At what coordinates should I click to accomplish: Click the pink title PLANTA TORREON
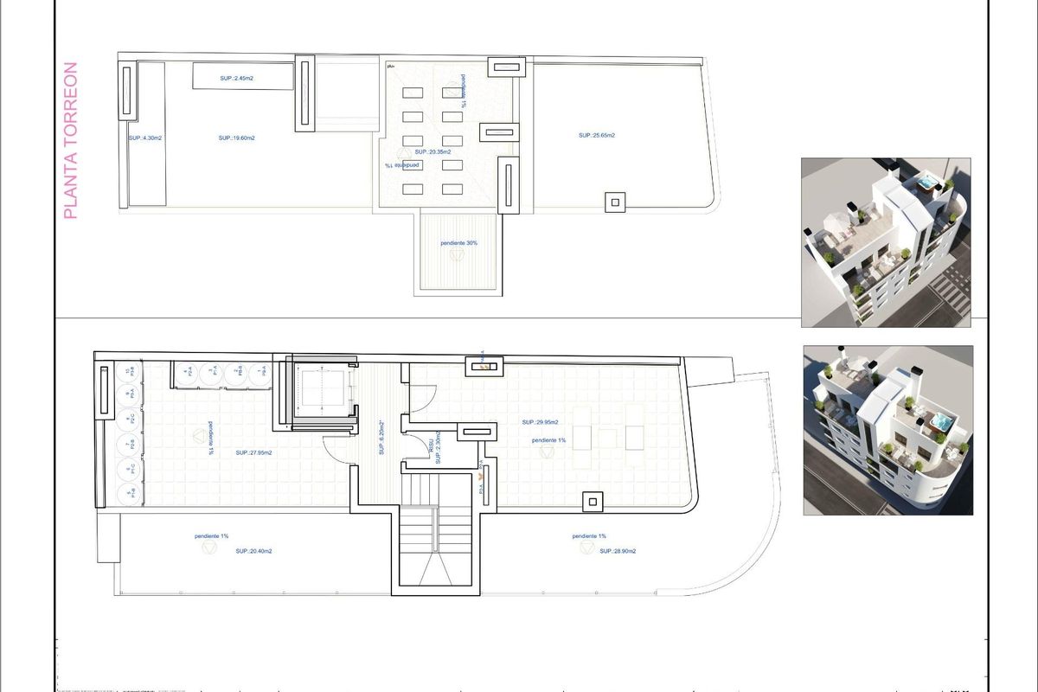[x=71, y=139]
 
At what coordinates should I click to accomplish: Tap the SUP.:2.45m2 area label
[x=236, y=79]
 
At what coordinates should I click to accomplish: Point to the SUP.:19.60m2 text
[x=236, y=138]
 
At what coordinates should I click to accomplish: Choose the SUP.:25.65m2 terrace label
[x=597, y=135]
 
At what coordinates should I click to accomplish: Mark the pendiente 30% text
[x=458, y=243]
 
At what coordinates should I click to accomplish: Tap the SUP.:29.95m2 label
[x=540, y=422]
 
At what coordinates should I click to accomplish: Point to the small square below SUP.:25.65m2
[x=615, y=202]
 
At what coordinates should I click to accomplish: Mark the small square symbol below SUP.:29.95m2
[x=593, y=501]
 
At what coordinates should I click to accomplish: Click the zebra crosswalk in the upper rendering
[x=951, y=288]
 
